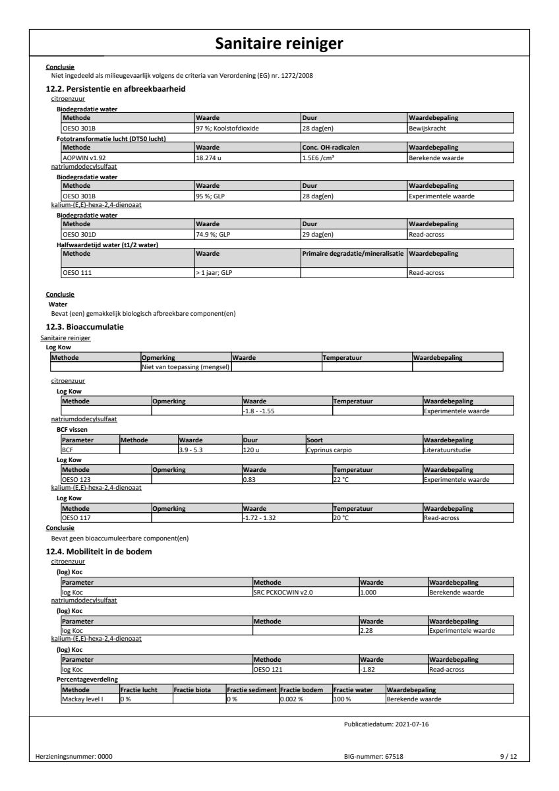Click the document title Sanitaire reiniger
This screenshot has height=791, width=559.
click(x=279, y=44)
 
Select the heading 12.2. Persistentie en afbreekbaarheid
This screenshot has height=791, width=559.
click(x=115, y=88)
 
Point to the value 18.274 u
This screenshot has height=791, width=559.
click(x=210, y=158)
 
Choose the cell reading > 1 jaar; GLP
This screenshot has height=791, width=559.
click(x=214, y=272)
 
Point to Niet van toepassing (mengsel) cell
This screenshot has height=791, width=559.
click(x=185, y=366)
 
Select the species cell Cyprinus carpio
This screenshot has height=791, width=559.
click(x=330, y=449)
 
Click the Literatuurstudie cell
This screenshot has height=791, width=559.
click(x=448, y=449)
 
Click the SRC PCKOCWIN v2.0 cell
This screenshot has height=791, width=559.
click(x=283, y=592)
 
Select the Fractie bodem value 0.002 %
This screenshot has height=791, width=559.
click(x=292, y=699)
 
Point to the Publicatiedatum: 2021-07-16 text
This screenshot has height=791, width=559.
click(x=387, y=723)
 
